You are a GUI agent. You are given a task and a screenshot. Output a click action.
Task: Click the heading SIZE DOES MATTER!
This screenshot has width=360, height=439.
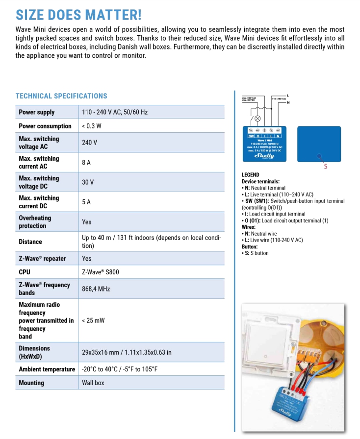pyautogui.click(x=78, y=14)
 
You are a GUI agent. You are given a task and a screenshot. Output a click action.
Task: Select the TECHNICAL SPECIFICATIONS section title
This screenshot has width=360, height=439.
pyautogui.click(x=61, y=96)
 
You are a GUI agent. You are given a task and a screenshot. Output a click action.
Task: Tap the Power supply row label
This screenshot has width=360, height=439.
pyautogui.click(x=37, y=112)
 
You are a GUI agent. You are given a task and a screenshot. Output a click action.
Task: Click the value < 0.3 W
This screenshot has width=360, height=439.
pyautogui.click(x=92, y=126)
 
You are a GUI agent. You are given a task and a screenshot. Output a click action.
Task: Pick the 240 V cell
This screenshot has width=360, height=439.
pyautogui.click(x=89, y=143)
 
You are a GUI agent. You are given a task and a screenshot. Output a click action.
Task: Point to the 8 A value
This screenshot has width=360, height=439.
pyautogui.click(x=86, y=162)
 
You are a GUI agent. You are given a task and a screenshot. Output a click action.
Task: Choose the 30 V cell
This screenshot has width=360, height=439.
pyautogui.click(x=88, y=182)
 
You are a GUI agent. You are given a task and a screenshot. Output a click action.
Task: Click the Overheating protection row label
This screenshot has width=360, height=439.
pyautogui.click(x=35, y=222)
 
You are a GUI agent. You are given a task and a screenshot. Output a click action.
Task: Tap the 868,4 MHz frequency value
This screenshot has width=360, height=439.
pyautogui.click(x=96, y=289)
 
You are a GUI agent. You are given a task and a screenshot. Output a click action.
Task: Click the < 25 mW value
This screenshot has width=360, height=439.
pyautogui.click(x=93, y=320)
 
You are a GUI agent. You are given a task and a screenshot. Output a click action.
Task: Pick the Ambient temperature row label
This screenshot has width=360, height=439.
pyautogui.click(x=47, y=369)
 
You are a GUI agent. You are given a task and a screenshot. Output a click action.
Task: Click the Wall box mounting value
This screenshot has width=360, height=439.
pyautogui.click(x=93, y=383)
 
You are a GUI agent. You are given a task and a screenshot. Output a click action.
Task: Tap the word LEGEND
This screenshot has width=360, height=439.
pyautogui.click(x=251, y=175)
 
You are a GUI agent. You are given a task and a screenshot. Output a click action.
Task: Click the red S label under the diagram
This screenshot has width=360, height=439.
pyautogui.click(x=326, y=167)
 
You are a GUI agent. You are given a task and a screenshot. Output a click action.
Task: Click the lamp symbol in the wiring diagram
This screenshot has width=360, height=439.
pyautogui.click(x=257, y=119)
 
